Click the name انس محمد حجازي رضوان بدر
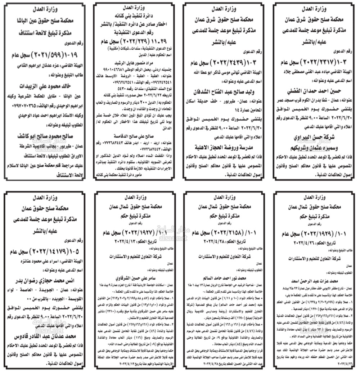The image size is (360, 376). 47,281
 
